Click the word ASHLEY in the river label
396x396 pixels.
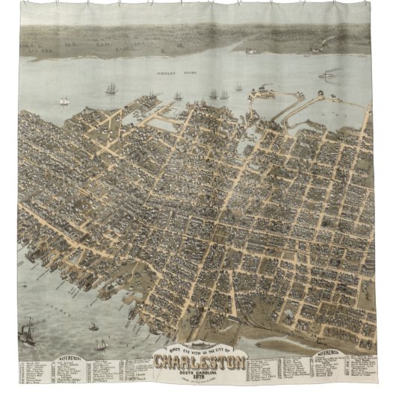tap(164, 73)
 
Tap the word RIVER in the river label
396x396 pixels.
tap(186, 73)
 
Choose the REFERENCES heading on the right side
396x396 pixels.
tap(333, 350)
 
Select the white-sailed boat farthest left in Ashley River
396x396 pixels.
tap(65, 100)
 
